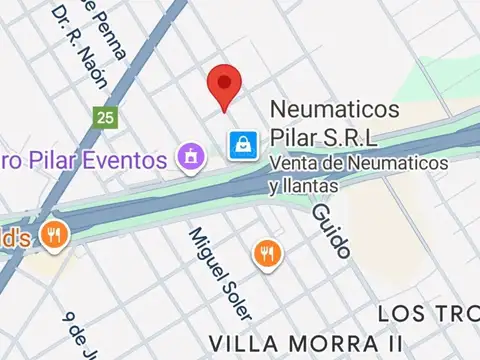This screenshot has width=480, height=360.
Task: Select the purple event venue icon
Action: [x=189, y=156]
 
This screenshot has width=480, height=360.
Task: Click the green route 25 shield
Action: [x=104, y=117]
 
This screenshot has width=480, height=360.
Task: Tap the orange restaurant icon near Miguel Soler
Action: [x=266, y=253]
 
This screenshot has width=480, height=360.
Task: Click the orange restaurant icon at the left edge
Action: [x=52, y=236]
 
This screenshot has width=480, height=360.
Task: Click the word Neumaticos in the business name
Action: [x=336, y=110]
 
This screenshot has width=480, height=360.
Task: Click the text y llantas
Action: [x=304, y=185]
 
